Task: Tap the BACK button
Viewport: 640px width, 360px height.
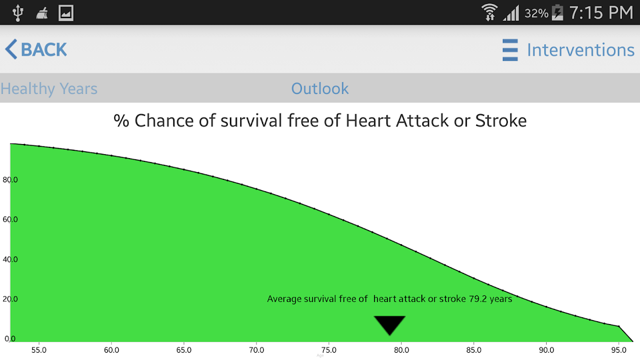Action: (35, 49)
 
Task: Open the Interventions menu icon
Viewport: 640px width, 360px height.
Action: (510, 50)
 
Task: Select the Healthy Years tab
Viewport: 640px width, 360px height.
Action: (49, 88)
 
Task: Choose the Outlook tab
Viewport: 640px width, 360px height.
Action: (320, 88)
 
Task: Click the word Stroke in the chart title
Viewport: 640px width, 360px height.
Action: (501, 121)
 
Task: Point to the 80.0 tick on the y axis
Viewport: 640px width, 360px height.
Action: (10, 179)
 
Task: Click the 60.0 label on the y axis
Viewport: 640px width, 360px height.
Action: (10, 219)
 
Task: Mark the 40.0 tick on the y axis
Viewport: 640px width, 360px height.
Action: (10, 259)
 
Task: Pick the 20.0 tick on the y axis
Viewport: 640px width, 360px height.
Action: (10, 299)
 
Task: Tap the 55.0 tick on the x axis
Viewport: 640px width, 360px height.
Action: (39, 350)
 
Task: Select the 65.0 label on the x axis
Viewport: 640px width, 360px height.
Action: (184, 350)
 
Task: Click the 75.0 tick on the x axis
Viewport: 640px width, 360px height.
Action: (328, 350)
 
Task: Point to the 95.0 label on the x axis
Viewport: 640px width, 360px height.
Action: (619, 350)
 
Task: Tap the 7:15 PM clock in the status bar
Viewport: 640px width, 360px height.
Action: (601, 12)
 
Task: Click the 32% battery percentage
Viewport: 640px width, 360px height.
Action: (537, 13)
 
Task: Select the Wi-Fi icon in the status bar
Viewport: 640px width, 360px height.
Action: (489, 12)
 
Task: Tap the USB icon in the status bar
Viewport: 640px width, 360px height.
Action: (17, 12)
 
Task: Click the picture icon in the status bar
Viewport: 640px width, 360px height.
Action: (66, 12)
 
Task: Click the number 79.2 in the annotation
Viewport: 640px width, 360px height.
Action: (477, 299)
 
